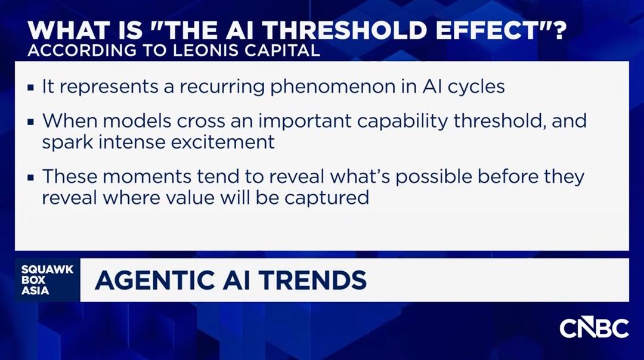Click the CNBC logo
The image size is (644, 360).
coord(594,328)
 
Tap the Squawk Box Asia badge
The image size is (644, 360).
coord(47,280)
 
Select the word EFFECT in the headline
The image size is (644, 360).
coord(485,30)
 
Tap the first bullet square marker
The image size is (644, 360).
coord(31,88)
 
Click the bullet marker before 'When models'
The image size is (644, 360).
coord(31,122)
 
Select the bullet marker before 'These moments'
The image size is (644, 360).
coord(31,178)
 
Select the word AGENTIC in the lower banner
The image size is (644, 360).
coord(154,280)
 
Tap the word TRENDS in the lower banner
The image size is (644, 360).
coord(312,280)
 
